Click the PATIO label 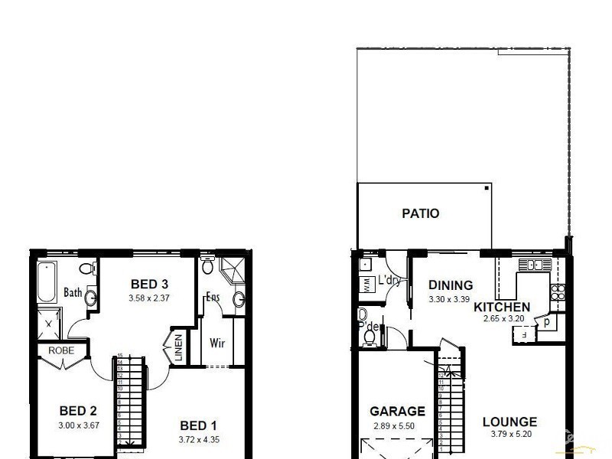click(x=421, y=213)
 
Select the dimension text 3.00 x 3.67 click(x=77, y=425)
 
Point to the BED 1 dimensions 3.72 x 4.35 click(x=198, y=439)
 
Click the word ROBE click(x=61, y=350)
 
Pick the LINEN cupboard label click(x=178, y=349)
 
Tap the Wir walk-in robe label click(x=217, y=343)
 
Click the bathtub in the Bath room click(x=47, y=282)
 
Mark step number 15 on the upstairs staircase click(x=120, y=356)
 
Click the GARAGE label click(x=397, y=411)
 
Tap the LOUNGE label click(x=509, y=422)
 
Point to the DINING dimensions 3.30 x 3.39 click(x=450, y=299)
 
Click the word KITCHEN click(x=502, y=308)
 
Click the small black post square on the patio click(x=487, y=187)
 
